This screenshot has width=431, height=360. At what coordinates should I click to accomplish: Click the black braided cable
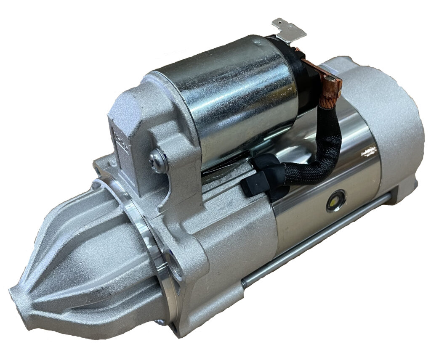(320, 160)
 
